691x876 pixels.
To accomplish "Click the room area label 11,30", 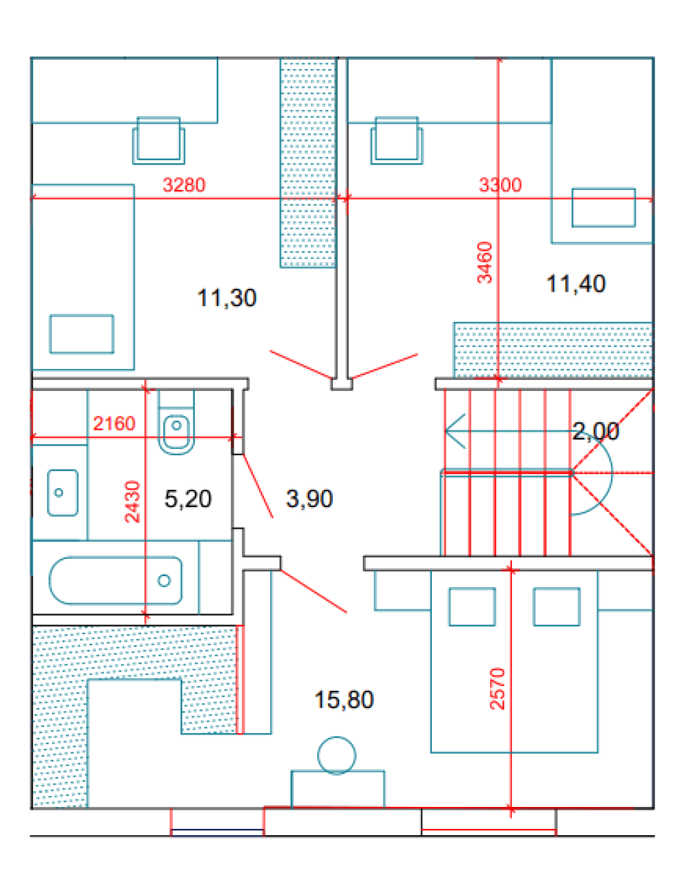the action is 227,298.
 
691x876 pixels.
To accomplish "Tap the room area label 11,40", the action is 576,284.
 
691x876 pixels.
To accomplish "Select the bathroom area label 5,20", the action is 188,499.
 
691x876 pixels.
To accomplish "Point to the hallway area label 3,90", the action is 310,499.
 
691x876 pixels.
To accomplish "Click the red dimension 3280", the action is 184,185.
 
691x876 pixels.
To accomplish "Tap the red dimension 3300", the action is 500,185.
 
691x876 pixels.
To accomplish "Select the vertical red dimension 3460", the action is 485,263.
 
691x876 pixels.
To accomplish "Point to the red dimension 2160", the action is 114,423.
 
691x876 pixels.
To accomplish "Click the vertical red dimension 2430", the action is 133,502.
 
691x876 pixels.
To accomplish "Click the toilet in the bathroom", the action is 176,422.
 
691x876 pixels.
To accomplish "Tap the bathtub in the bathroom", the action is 115,580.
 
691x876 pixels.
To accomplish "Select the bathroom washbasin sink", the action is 63,493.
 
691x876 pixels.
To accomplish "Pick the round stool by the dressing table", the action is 337,756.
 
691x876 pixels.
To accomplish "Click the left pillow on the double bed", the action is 472,607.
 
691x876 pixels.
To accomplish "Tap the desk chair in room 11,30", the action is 158,141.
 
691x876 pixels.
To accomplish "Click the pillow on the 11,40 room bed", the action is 603,208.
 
